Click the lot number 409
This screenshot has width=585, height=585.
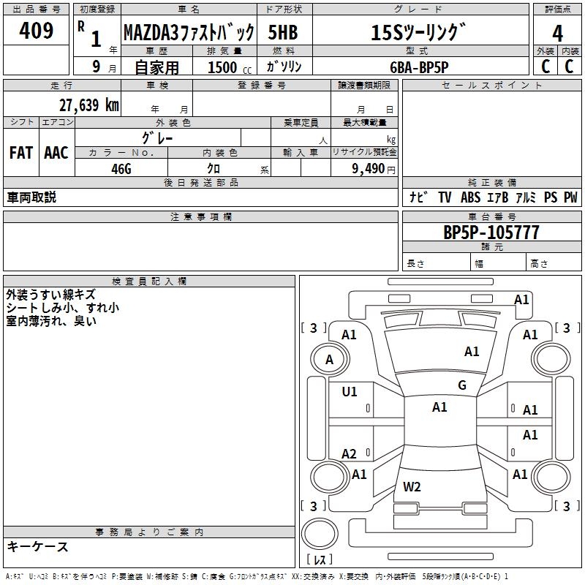(37, 31)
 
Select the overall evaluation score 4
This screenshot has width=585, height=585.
(557, 33)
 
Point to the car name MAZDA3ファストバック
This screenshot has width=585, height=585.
(188, 33)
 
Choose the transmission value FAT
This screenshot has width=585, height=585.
(20, 153)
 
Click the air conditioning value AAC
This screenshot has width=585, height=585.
(56, 153)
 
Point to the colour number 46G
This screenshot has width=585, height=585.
(121, 167)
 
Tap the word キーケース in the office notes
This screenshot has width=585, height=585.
(37, 547)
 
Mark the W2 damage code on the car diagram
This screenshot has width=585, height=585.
(412, 486)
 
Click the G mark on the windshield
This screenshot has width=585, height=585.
(462, 385)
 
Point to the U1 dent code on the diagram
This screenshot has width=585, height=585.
(350, 392)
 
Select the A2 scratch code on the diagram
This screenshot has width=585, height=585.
(350, 454)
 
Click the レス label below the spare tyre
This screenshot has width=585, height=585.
(318, 559)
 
